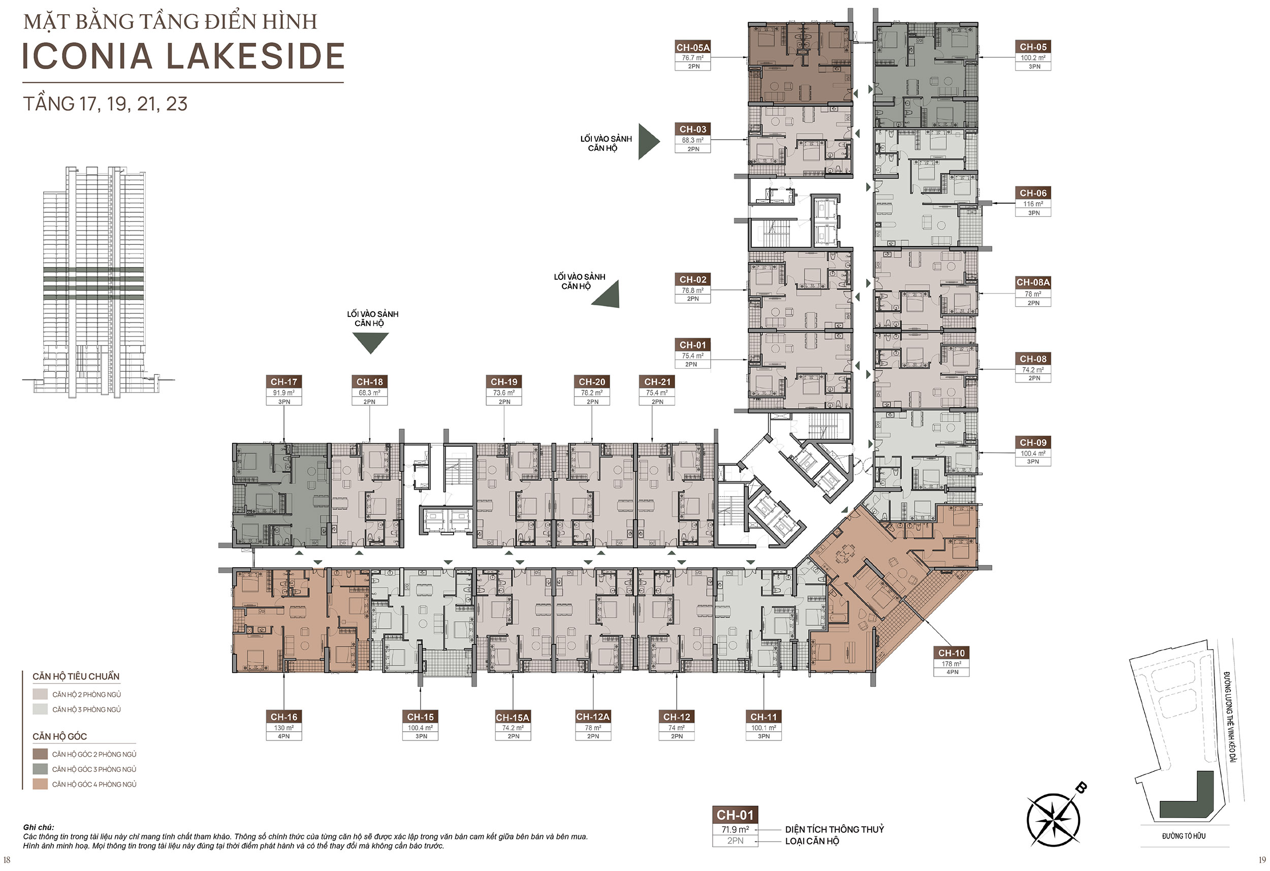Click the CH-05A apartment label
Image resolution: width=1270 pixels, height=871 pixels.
(693, 48)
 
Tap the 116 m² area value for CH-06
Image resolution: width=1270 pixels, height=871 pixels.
(1033, 204)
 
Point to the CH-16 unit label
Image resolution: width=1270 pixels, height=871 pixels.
(283, 717)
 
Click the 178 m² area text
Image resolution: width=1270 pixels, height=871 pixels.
(951, 664)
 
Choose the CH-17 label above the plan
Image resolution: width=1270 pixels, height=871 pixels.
(283, 382)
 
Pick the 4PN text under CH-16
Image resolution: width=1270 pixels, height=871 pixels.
(283, 736)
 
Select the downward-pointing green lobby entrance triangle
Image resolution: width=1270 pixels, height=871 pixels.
(370, 342)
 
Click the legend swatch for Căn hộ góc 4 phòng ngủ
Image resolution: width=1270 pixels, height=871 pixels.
(40, 784)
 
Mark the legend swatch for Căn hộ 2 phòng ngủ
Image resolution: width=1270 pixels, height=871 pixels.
(40, 694)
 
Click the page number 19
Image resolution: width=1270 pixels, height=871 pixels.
(1262, 859)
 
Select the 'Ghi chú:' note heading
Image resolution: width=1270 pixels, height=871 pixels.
(38, 827)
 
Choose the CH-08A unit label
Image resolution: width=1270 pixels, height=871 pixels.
(1033, 282)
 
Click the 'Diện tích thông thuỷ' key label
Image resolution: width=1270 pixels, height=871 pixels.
(835, 829)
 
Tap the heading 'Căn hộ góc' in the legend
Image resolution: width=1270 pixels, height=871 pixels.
(59, 736)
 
